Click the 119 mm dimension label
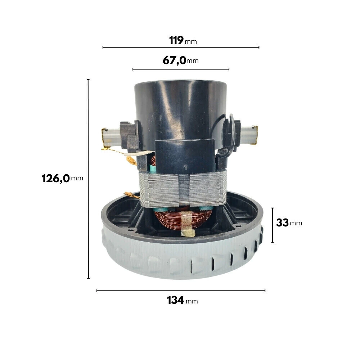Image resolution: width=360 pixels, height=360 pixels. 183,40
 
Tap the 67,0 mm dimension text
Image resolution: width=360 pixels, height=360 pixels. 181,60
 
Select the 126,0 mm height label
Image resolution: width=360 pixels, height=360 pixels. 62,179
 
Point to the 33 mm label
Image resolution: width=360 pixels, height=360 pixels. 289,223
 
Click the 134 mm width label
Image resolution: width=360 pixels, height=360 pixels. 182,300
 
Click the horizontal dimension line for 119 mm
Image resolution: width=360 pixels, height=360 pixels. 181,47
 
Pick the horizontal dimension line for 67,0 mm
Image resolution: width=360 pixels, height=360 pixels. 181,69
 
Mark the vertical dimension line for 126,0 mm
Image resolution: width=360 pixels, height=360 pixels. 89,179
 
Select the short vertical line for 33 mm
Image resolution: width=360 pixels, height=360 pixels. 273,225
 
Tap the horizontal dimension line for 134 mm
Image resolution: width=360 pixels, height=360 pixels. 181,291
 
